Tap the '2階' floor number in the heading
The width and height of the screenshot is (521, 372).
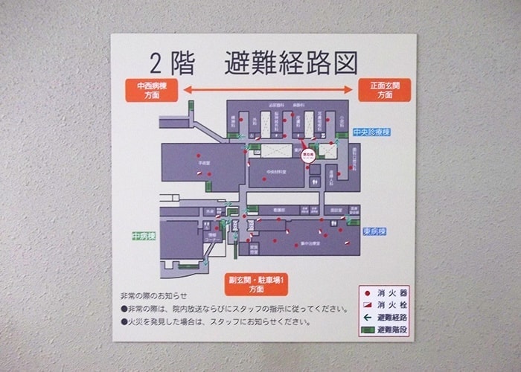(x=171, y=63)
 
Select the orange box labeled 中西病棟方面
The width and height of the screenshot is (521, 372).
(x=152, y=91)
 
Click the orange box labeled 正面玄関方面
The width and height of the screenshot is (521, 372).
(x=384, y=91)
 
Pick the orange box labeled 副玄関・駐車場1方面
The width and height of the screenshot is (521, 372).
(x=257, y=283)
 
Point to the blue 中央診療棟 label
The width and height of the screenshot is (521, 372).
(x=371, y=132)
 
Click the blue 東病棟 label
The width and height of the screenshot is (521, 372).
(x=374, y=231)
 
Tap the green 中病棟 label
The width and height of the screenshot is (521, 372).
(x=144, y=236)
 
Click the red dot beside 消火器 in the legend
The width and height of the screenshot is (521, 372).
(x=367, y=292)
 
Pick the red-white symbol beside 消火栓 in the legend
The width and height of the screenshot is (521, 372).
(x=367, y=304)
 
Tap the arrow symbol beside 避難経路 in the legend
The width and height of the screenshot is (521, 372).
(x=367, y=317)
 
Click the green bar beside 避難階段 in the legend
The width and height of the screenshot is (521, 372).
(x=367, y=329)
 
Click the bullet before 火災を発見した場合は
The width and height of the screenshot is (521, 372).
(x=124, y=322)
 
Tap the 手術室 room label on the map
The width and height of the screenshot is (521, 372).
(x=202, y=160)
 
